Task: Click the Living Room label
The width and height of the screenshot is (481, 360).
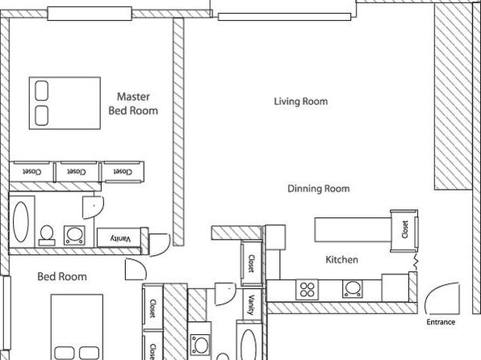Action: (300, 101)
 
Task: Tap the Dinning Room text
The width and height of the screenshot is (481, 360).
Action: (319, 188)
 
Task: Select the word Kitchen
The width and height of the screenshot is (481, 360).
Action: (341, 260)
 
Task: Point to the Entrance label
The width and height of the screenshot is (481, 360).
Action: (441, 322)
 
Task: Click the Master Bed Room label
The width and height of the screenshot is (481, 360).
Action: (133, 104)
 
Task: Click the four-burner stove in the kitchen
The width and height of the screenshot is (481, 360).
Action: (307, 290)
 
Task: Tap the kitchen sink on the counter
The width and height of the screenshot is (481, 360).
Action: (352, 289)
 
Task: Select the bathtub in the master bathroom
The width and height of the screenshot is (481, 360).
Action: (21, 222)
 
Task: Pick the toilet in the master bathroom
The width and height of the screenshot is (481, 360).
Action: (47, 236)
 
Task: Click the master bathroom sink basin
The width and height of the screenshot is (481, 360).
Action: (74, 236)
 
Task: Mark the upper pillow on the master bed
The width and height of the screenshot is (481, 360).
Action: (41, 91)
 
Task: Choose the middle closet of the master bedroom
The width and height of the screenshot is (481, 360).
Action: (77, 172)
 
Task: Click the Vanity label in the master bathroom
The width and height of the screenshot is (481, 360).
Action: (120, 238)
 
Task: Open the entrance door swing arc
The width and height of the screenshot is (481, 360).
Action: (437, 289)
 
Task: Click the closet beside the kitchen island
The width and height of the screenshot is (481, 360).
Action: (404, 231)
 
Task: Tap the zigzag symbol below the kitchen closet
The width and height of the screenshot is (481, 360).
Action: (416, 262)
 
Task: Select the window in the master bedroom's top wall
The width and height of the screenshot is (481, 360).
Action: (90, 14)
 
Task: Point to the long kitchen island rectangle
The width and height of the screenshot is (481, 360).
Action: (353, 229)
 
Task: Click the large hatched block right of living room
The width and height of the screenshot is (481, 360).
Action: (453, 97)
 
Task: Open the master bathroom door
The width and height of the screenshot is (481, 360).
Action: (94, 207)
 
